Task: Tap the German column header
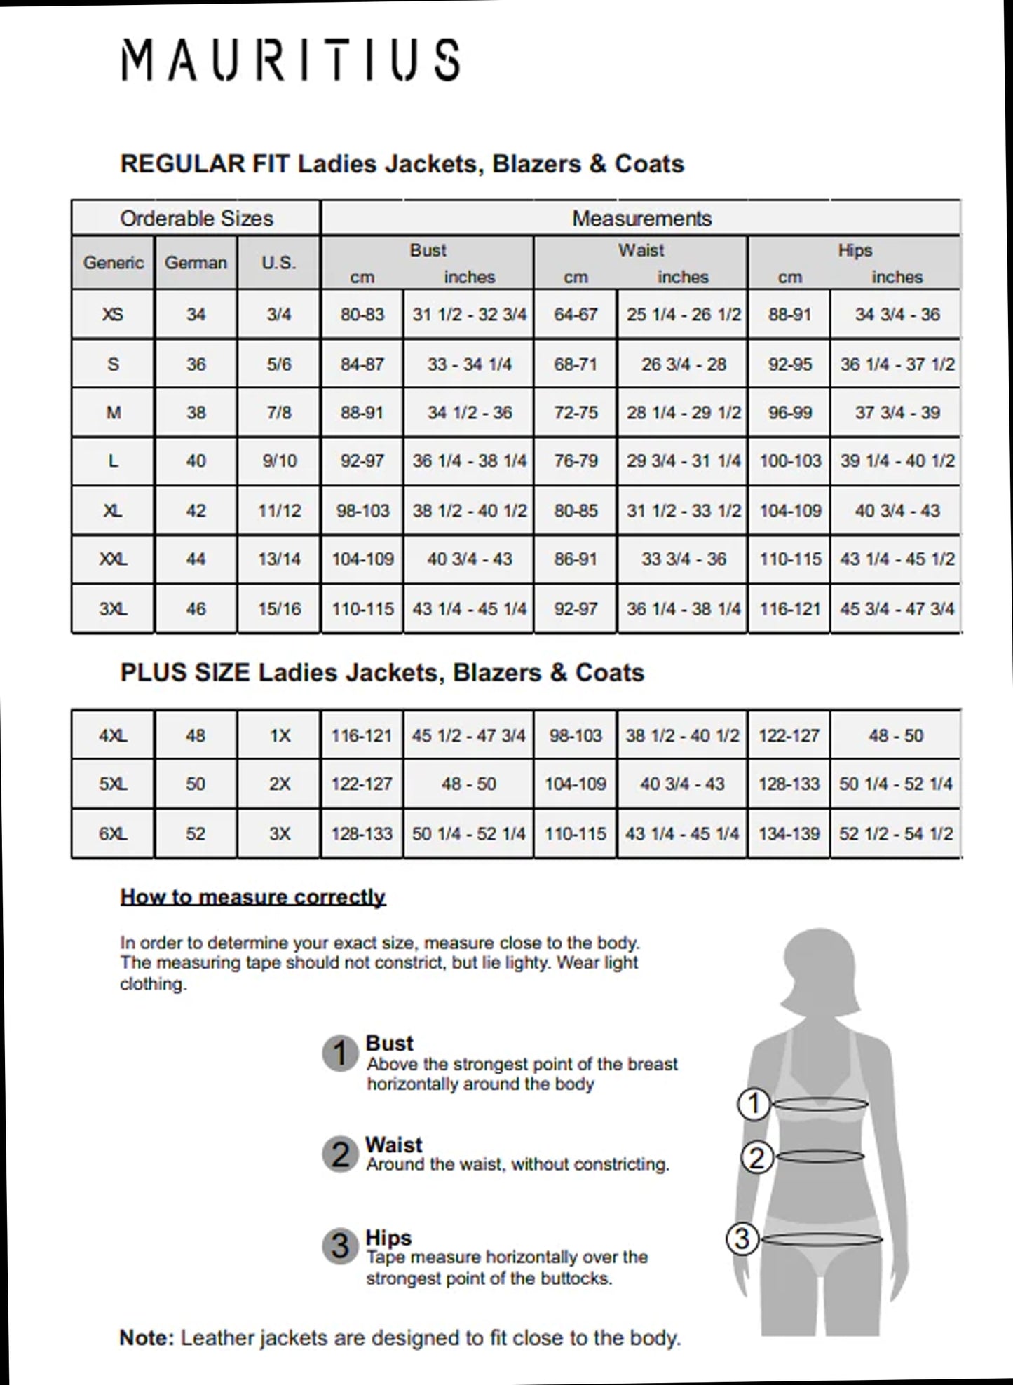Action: (x=196, y=263)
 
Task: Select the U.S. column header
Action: (x=278, y=263)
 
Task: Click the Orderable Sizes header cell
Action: (x=196, y=219)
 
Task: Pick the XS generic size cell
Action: (x=113, y=315)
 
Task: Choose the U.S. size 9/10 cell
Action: (x=278, y=461)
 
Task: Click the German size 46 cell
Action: (x=196, y=608)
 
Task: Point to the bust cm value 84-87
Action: (x=362, y=364)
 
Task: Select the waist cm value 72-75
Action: (x=576, y=413)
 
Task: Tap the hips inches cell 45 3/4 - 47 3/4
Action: (x=897, y=608)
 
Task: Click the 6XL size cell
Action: (x=113, y=834)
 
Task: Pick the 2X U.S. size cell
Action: (x=279, y=784)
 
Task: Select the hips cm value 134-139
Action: (x=789, y=834)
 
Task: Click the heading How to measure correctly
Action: (x=253, y=897)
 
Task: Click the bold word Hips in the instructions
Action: (x=388, y=1238)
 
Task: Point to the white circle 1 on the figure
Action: (x=754, y=1105)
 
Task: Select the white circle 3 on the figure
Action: (x=742, y=1239)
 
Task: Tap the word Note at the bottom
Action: (x=147, y=1338)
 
